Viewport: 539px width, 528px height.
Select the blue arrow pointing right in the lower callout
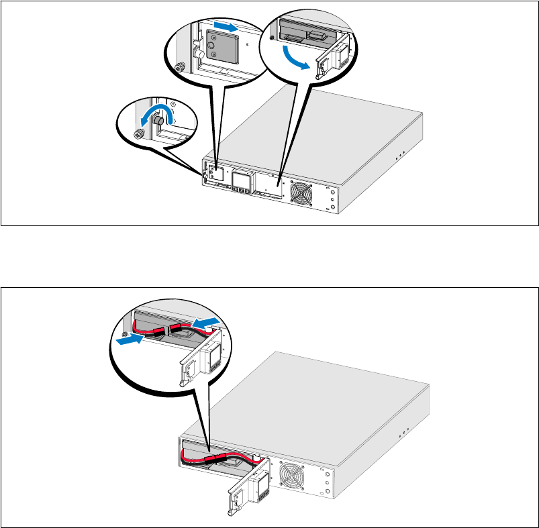[x=130, y=340]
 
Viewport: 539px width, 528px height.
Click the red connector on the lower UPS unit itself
[x=217, y=458]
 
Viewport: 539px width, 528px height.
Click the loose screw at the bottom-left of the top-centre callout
[x=179, y=67]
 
